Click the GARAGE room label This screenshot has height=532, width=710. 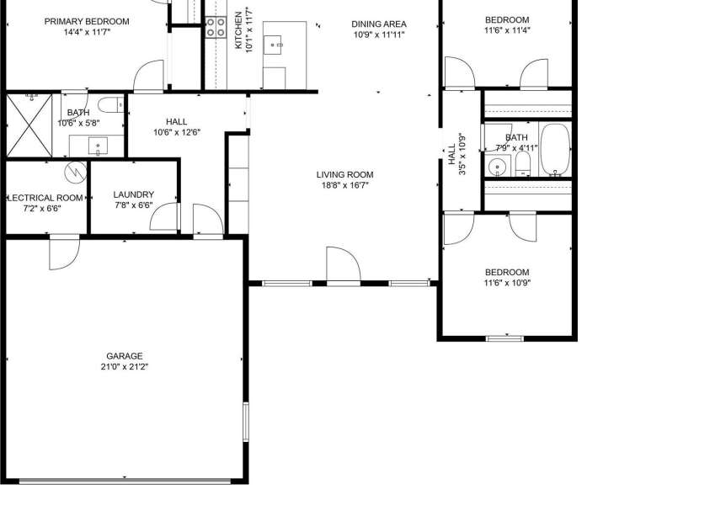click(124, 356)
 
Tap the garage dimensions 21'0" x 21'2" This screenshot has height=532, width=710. click(124, 367)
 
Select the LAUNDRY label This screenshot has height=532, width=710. click(133, 194)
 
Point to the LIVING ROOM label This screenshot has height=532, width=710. click(344, 175)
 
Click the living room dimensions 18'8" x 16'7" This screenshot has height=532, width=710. click(344, 186)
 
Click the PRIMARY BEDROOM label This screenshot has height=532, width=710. click(87, 21)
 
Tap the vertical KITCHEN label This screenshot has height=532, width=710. click(238, 31)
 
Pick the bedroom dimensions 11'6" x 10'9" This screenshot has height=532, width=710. click(506, 283)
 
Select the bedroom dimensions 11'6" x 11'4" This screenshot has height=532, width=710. click(506, 30)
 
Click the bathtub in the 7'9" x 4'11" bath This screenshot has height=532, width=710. click(554, 150)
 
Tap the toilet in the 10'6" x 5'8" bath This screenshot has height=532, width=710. click(108, 106)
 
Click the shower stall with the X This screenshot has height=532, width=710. click(29, 125)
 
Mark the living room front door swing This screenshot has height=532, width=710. click(342, 265)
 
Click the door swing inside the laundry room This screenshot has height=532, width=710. click(163, 216)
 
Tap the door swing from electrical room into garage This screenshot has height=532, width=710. click(63, 254)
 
